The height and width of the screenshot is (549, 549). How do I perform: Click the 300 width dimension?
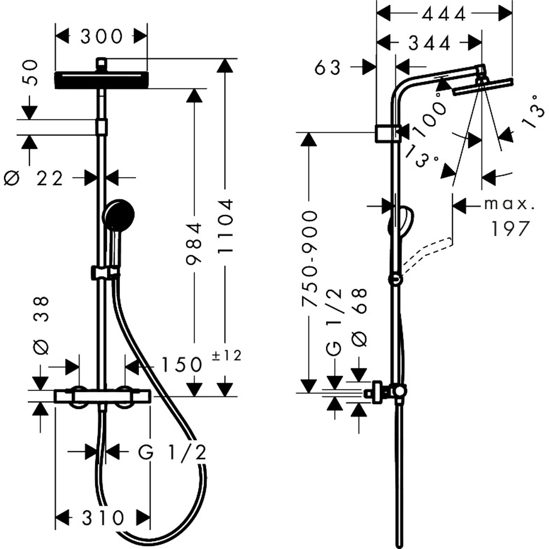[x=102, y=36]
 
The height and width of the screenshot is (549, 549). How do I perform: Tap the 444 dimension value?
[x=444, y=14]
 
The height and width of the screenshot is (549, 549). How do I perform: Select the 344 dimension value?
[x=429, y=43]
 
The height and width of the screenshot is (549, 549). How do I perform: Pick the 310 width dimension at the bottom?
[x=103, y=518]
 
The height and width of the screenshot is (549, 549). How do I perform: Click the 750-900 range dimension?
[x=309, y=259]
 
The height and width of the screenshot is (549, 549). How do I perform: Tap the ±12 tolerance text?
[x=227, y=356]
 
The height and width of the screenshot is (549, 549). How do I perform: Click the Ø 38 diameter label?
[x=41, y=326]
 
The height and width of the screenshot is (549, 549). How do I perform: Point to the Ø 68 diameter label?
[x=359, y=317]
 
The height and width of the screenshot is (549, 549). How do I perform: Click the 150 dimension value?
[x=181, y=365]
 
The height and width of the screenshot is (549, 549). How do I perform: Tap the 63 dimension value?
[x=327, y=68]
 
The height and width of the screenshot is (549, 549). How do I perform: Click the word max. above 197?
[x=509, y=204]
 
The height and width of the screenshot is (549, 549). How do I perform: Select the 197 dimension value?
[x=510, y=229]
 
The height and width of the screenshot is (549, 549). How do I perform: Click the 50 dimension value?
[x=30, y=72]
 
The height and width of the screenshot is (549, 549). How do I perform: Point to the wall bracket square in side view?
[x=388, y=133]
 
